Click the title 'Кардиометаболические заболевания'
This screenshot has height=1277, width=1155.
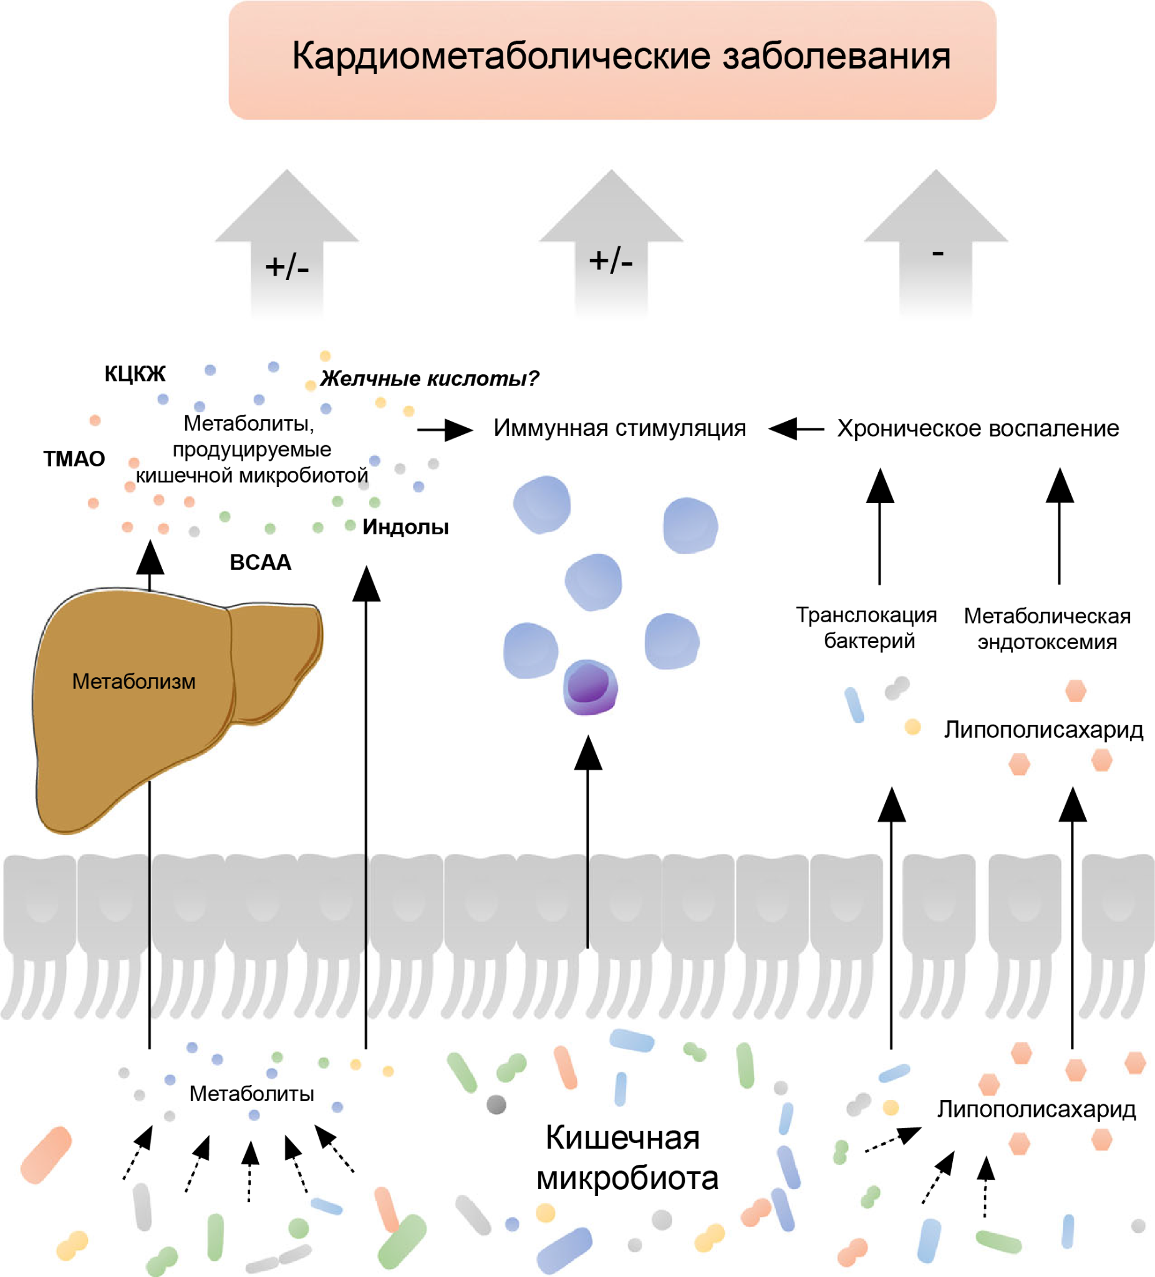tap(621, 57)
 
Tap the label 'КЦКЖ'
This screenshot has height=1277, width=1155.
tap(135, 374)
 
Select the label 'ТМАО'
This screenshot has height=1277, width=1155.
tap(74, 458)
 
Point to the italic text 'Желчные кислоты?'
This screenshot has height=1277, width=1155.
tap(429, 378)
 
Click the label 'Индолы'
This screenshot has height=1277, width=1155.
tap(405, 527)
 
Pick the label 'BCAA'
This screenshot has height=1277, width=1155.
tap(261, 562)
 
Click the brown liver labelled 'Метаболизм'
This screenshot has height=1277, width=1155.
tap(133, 682)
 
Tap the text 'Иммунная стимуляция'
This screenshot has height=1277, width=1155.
tap(620, 428)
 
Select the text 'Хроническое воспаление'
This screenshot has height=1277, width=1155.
tap(978, 429)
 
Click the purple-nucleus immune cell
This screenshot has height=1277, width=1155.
tap(590, 687)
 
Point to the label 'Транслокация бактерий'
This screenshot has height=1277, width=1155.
tap(867, 628)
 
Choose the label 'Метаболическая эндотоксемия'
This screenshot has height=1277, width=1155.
tap(1046, 629)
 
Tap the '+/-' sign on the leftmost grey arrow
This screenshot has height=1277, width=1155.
tap(287, 267)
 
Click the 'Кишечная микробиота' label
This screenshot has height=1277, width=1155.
tap(626, 1158)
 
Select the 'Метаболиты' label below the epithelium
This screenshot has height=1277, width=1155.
tap(251, 1094)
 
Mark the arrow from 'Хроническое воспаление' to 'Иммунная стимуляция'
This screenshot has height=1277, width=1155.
tap(796, 429)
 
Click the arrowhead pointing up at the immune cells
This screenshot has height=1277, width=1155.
tap(588, 754)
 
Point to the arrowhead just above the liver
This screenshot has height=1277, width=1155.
tap(150, 558)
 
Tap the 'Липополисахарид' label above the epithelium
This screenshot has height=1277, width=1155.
tap(1043, 730)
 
